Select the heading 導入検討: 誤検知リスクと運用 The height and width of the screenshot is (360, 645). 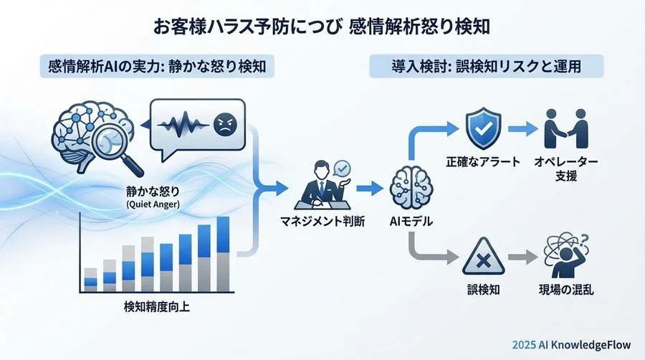coord(485,67)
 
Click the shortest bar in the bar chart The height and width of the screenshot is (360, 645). coord(91,278)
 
